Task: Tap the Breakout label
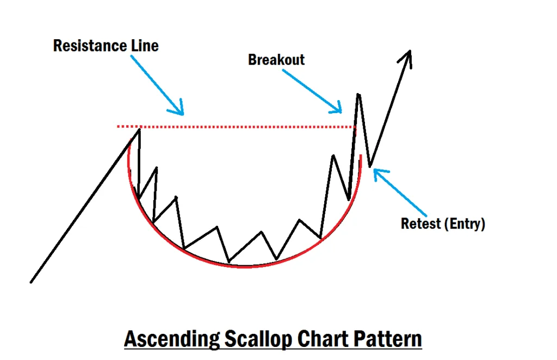276,59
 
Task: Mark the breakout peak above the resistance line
358,95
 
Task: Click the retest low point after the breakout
370,166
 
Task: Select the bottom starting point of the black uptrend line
31,282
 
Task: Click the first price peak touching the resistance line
139,129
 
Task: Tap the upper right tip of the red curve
361,157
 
